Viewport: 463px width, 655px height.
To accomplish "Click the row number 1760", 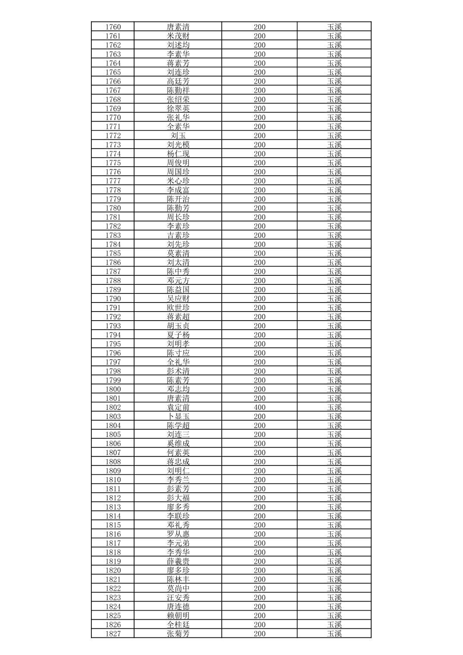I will point(113,27).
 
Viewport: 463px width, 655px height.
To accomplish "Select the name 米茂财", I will point(178,36).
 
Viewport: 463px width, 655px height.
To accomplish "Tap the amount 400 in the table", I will point(260,407).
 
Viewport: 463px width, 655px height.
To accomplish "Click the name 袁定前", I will point(178,407).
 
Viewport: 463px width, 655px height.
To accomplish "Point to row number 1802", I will point(113,407).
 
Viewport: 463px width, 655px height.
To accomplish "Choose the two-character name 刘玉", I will point(178,135).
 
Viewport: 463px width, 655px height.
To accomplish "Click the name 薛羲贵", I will point(178,561).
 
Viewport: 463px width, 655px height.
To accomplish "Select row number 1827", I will point(113,633).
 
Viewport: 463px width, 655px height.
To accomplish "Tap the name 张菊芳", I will point(178,633).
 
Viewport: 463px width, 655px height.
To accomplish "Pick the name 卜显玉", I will point(178,416).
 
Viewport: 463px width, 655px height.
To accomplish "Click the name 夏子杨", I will point(178,335).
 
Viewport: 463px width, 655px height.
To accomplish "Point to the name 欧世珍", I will point(178,308).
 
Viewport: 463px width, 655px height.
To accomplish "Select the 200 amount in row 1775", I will point(260,162).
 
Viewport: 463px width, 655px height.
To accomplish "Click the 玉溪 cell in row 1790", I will point(334,299).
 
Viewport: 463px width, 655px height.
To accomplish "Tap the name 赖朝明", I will point(178,615).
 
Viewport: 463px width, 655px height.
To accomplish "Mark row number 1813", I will point(113,507).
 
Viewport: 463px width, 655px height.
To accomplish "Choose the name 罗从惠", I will point(178,534).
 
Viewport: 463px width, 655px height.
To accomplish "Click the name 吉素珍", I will point(178,235).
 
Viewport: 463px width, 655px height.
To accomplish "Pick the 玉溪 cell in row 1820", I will point(334,570).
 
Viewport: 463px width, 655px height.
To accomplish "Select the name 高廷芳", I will point(178,81).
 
